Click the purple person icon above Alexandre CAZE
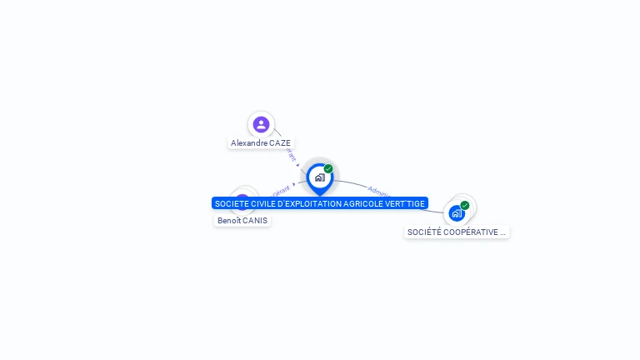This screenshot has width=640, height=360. (261, 124)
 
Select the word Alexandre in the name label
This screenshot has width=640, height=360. (249, 143)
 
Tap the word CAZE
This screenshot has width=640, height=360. (280, 143)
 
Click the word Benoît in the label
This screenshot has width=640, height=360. (229, 221)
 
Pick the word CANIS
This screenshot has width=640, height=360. (255, 221)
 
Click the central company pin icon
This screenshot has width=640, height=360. (319, 177)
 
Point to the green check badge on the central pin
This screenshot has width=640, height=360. (328, 169)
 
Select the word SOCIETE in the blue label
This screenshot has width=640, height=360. (231, 203)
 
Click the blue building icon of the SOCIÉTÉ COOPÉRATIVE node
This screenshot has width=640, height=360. (457, 213)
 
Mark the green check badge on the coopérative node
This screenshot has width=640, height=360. (465, 205)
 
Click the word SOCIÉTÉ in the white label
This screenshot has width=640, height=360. (424, 232)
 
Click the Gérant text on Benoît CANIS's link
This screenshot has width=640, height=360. (280, 190)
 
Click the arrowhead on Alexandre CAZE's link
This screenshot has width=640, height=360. (297, 165)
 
